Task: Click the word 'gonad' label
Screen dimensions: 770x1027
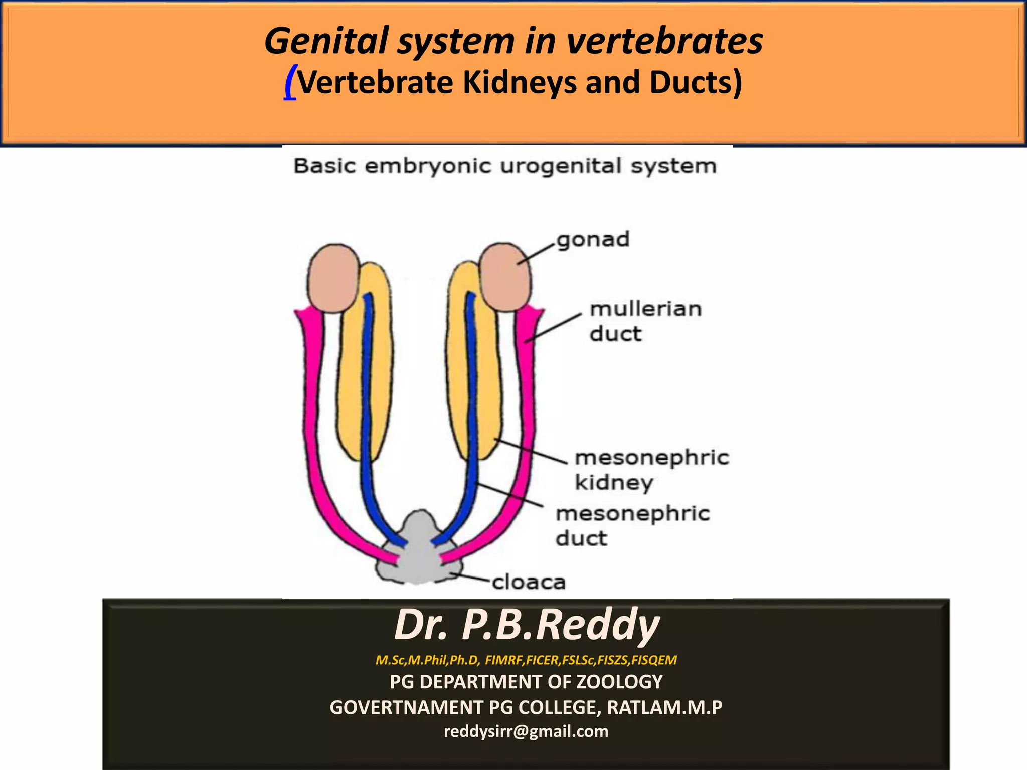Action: coord(593,240)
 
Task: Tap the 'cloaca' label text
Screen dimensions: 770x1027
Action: coord(529,582)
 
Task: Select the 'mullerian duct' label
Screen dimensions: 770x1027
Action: coord(645,321)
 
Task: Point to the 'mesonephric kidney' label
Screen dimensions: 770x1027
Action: coord(651,470)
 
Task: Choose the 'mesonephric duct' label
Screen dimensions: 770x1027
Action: coord(633,526)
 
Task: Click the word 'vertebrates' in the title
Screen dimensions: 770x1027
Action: coord(664,41)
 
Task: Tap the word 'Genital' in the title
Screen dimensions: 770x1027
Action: coord(326,41)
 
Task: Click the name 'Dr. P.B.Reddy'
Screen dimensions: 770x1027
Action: coord(527,625)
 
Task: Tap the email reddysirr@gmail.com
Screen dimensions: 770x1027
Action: coord(526,731)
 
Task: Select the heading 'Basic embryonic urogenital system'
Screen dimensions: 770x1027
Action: coord(505,166)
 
